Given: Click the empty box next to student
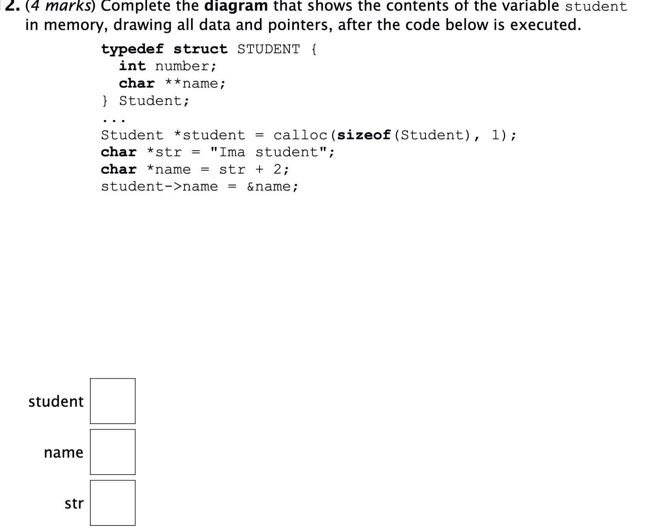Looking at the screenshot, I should pos(112,401).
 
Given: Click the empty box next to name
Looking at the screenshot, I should pos(112,452).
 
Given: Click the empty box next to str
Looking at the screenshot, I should pos(112,503).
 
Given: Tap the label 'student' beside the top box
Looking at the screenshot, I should pos(56,402).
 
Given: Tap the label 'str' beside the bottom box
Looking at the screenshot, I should pos(74,503).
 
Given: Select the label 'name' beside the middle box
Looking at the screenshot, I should pos(63,452).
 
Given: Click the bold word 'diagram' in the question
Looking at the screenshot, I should pos(236,6).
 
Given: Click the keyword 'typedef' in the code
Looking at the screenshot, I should pos(132,49).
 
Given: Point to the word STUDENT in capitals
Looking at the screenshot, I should pos(268,49).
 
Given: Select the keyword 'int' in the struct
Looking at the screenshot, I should pos(133,66).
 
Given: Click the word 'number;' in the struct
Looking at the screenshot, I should pos(186,66).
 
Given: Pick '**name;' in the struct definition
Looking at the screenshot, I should pos(195,84).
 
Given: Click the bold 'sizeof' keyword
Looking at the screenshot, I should pos(364,135).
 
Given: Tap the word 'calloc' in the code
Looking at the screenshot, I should pos(300,135).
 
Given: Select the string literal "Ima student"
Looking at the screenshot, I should pos(272,152).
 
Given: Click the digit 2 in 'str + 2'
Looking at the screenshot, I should pos(278,169).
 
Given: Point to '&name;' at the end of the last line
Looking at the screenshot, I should pos(272,187).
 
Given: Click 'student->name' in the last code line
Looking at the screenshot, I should pos(159,187).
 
